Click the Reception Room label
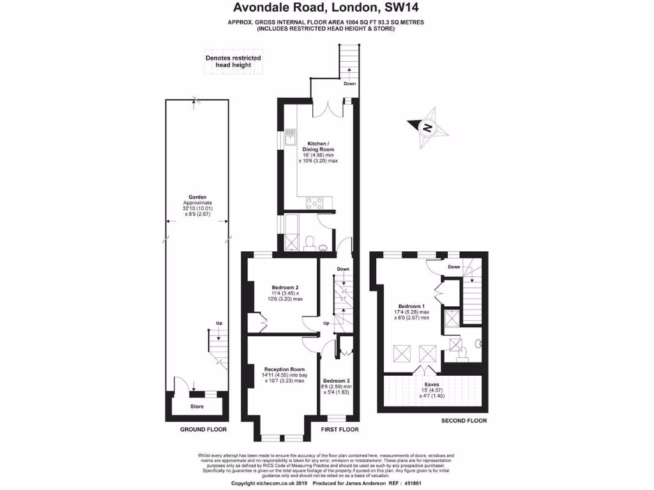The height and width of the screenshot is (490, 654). pos(284,369)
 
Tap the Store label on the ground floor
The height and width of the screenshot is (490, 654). pos(197,406)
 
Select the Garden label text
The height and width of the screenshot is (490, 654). pos(197,197)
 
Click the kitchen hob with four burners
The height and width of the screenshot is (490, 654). pos(315,204)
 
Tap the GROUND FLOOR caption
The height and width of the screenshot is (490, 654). pos(204,429)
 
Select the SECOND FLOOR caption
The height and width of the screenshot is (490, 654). pos(464,420)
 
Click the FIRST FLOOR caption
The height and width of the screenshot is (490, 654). pos(339,429)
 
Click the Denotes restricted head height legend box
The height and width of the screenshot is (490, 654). pos(233,61)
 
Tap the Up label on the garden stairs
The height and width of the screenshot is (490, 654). pos(219,323)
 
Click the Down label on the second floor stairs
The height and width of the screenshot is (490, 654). pos(453,267)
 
